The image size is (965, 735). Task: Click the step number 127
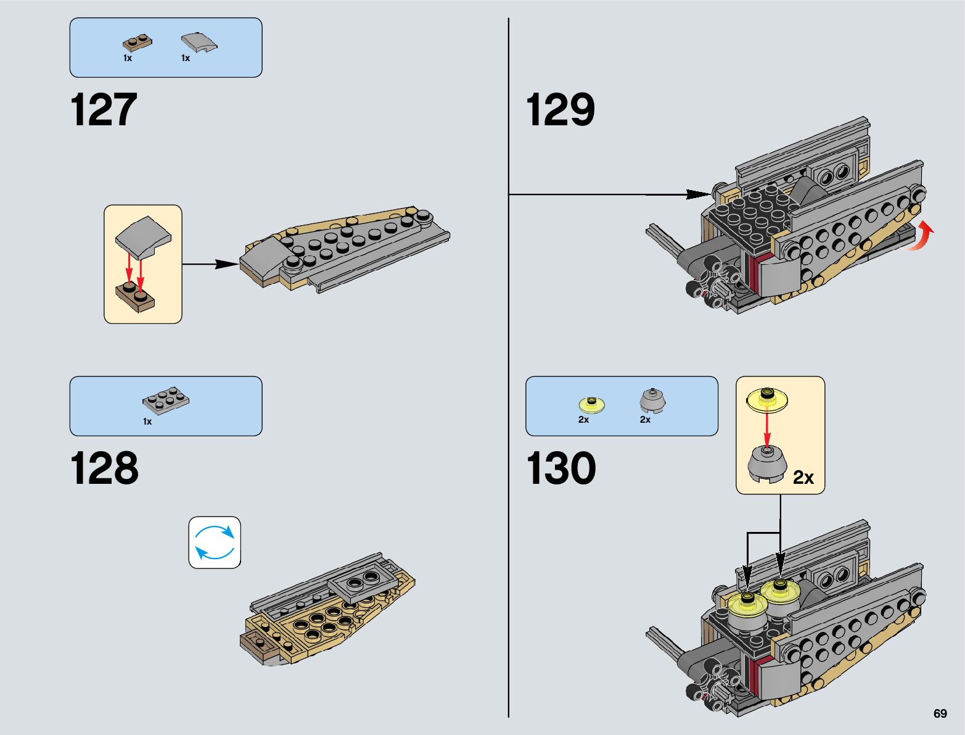click(104, 110)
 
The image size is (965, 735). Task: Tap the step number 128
click(104, 468)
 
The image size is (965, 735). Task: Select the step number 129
click(560, 110)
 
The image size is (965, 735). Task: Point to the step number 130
click(561, 468)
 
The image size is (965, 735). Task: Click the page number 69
click(940, 713)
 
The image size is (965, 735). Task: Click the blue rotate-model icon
click(215, 542)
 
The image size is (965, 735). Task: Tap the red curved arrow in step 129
click(921, 237)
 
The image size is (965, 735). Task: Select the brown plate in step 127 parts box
click(138, 43)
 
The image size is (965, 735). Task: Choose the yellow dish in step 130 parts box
click(592, 404)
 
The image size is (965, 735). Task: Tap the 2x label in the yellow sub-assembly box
click(803, 477)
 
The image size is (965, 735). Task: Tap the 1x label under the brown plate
click(128, 58)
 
